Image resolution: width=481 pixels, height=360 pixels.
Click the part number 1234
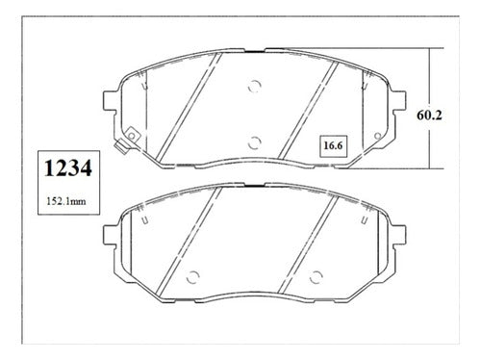(x=68, y=168)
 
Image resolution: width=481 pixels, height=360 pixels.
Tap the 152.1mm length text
(x=66, y=201)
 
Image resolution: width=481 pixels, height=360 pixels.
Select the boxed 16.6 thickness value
(x=333, y=146)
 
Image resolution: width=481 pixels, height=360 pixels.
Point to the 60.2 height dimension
(x=429, y=115)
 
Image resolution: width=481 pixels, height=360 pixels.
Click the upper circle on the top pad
(x=255, y=86)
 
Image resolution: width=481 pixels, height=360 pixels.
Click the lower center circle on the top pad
(x=255, y=142)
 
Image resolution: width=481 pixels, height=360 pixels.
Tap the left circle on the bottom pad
(x=193, y=277)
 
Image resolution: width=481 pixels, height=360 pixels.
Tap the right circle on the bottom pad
(x=316, y=277)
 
